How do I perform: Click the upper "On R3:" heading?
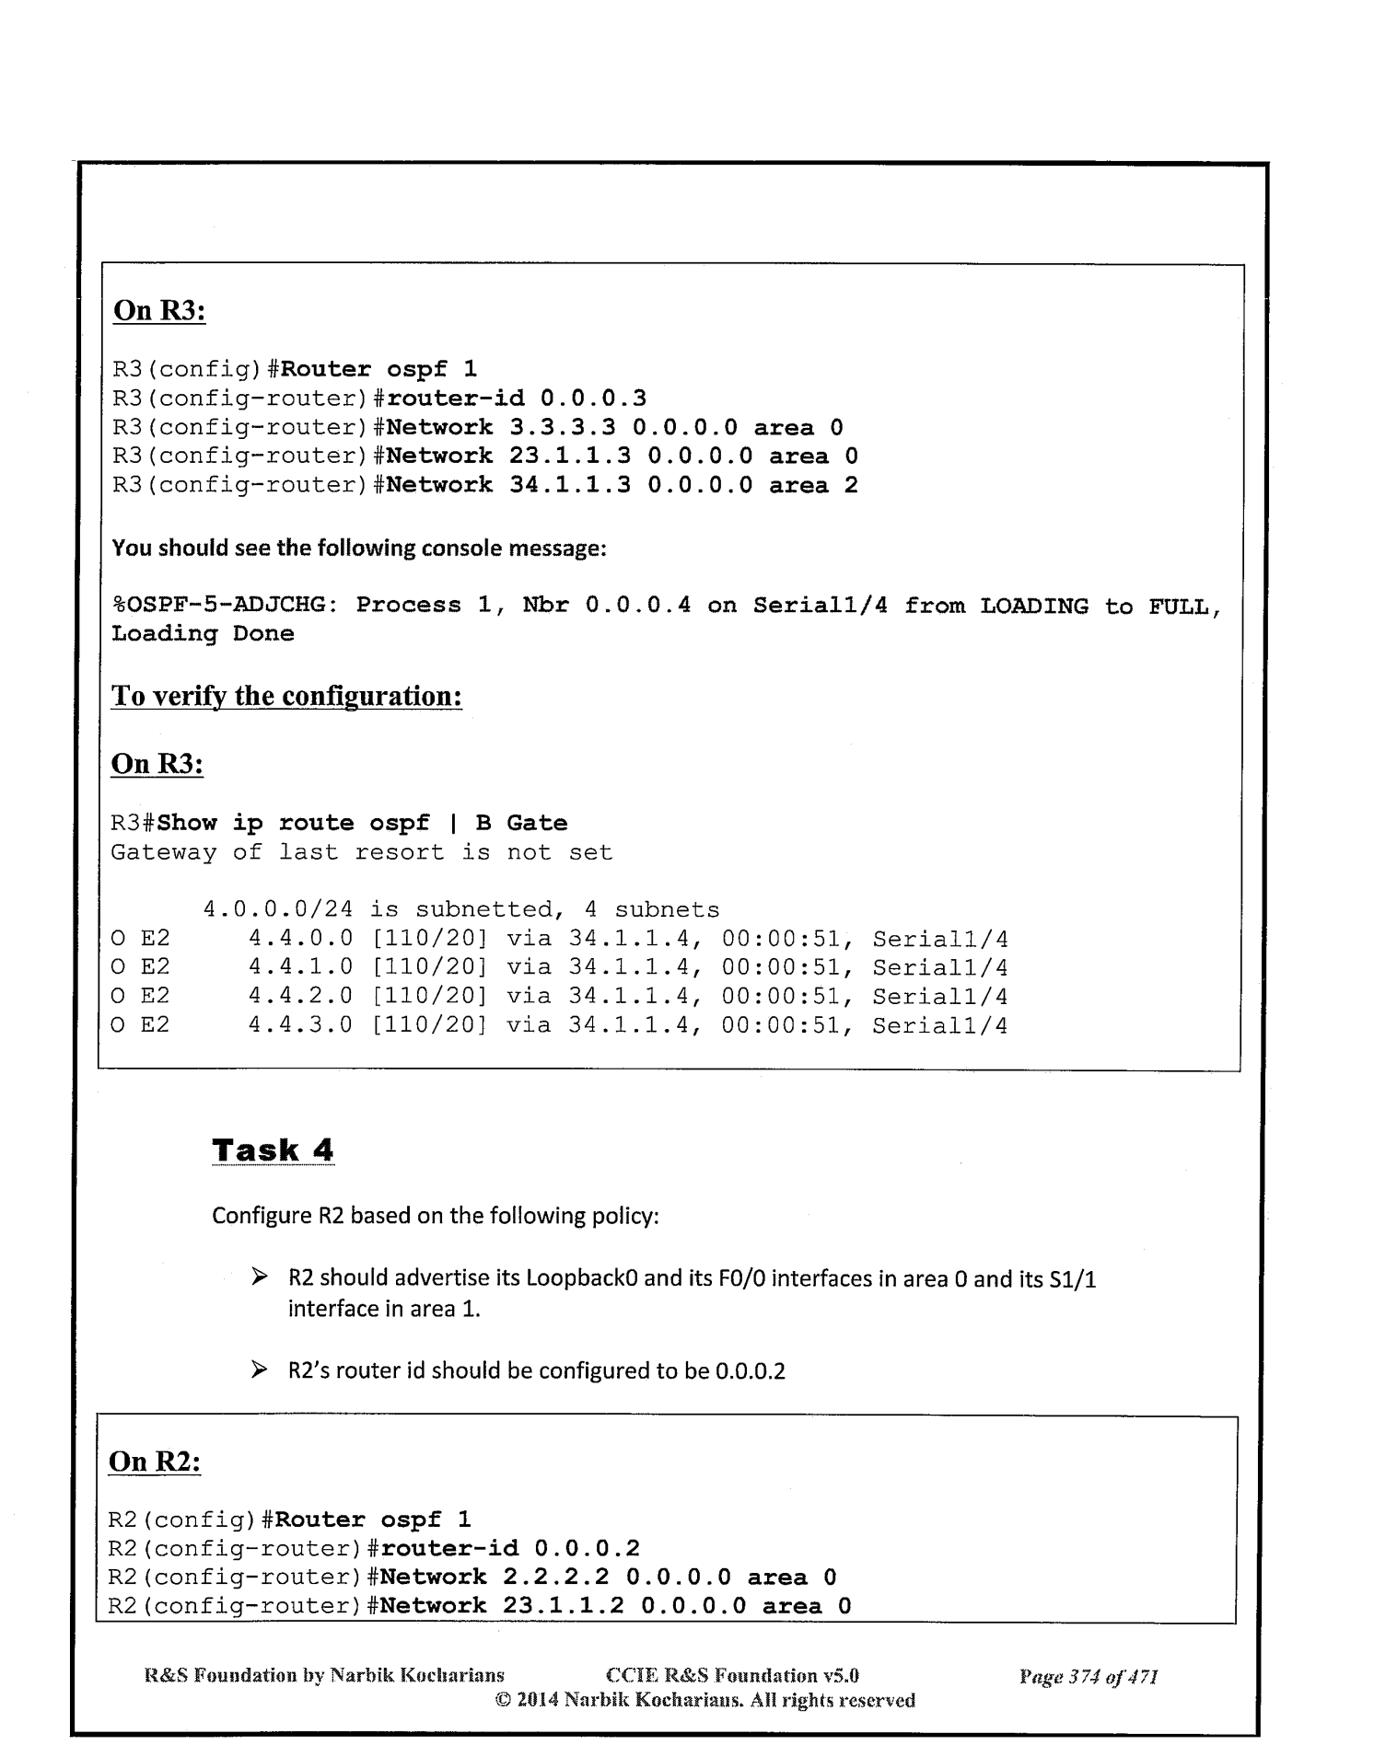(158, 311)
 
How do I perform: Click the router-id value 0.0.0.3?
(593, 399)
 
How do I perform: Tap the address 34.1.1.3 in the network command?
(569, 485)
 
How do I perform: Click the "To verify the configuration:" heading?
(286, 696)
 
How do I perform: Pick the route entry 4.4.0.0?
(300, 940)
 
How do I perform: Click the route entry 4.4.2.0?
(300, 997)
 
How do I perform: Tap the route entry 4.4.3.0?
(300, 1025)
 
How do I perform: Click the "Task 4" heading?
(273, 1150)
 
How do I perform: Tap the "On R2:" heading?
(155, 1462)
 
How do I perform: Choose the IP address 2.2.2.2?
(556, 1577)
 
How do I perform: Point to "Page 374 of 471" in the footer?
(1088, 1676)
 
